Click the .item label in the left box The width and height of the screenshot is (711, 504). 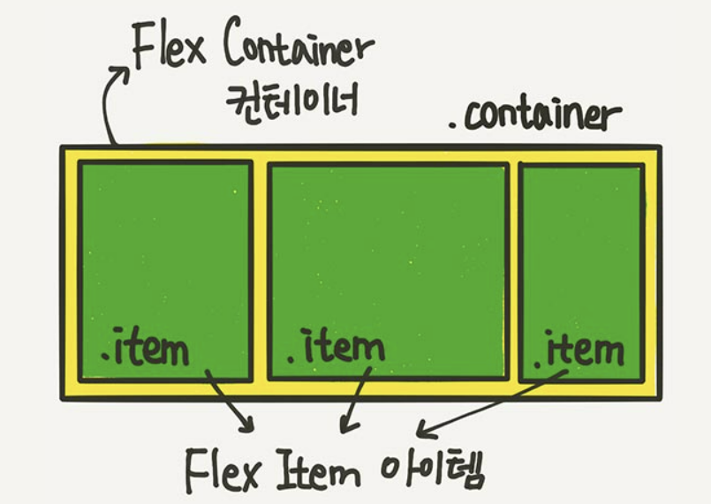pyautogui.click(x=146, y=349)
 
